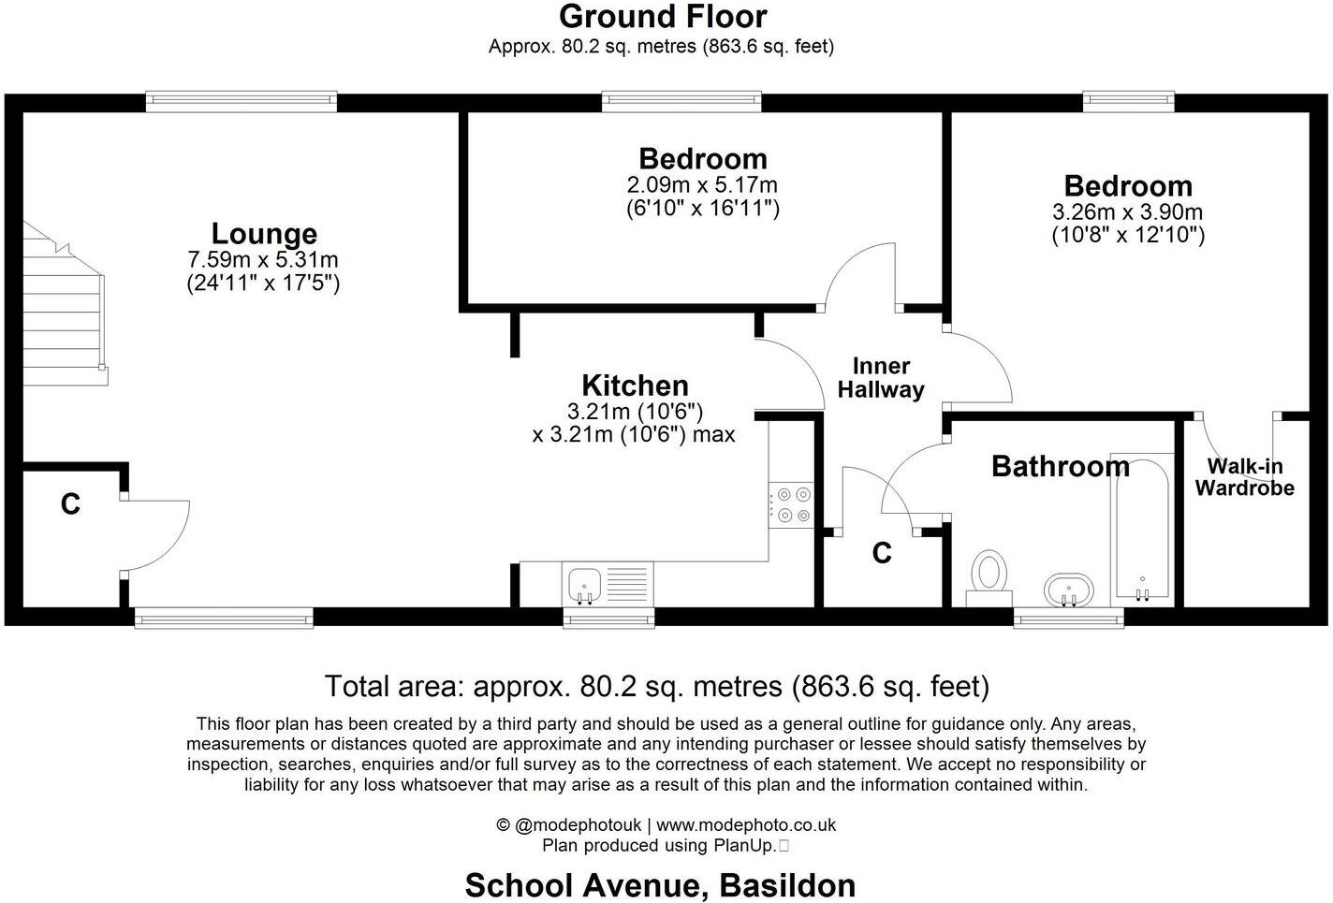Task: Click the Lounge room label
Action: (264, 234)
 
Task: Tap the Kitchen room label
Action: (635, 386)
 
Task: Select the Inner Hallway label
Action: (881, 378)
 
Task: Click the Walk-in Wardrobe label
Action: (1244, 477)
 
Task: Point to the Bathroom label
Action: (1060, 466)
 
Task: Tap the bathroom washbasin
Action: (1068, 590)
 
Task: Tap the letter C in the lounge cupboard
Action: (70, 505)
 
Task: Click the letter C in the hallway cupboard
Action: (882, 554)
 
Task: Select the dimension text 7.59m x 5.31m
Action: (263, 260)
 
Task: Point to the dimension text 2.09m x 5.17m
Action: (702, 185)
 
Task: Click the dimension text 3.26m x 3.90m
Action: (1128, 212)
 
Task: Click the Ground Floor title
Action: (663, 17)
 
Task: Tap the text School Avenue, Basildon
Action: (660, 885)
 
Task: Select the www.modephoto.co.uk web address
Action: (746, 825)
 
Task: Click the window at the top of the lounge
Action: (241, 101)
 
